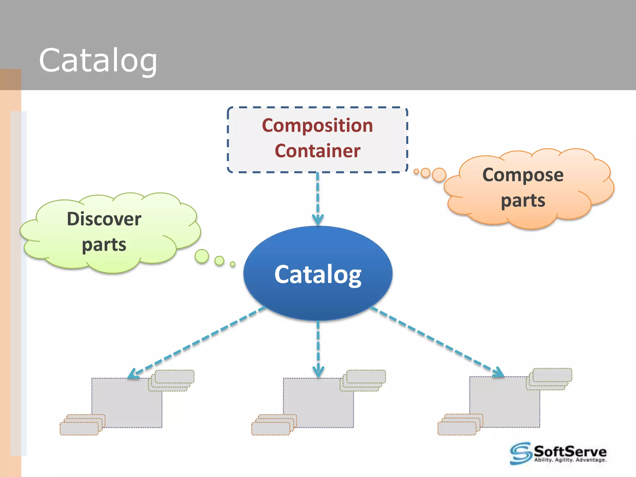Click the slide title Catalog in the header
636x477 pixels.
(98, 61)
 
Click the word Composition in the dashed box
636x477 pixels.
(317, 125)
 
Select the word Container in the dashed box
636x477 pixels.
(317, 151)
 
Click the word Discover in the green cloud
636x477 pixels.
(104, 219)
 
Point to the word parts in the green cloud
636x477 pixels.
(104, 245)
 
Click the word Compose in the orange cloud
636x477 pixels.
(523, 175)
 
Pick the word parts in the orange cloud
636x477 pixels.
(523, 201)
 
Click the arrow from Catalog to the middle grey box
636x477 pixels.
(318, 348)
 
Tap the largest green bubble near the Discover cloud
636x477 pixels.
(202, 256)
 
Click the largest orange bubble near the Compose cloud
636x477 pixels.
(439, 175)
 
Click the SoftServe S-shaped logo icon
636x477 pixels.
(521, 453)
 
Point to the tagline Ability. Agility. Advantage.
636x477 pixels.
(570, 460)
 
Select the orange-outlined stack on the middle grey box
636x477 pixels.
(273, 425)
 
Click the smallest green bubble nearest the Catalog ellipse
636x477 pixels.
(233, 264)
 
